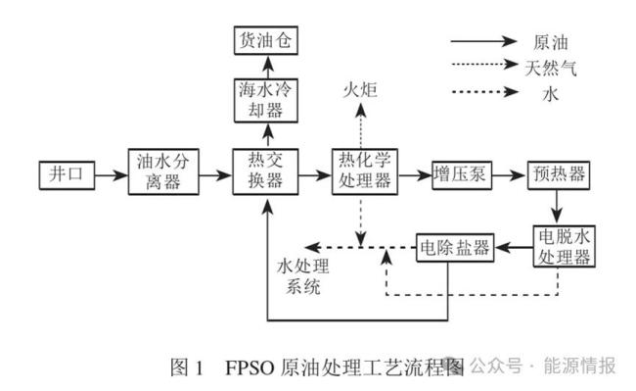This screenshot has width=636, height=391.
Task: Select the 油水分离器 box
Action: pyautogui.click(x=163, y=173)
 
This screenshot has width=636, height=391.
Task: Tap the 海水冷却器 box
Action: pyautogui.click(x=264, y=102)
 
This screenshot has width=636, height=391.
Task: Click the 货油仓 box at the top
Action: pyautogui.click(x=264, y=41)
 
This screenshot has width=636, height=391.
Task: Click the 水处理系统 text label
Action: pyautogui.click(x=302, y=275)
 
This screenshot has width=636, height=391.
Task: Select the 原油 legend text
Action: pyautogui.click(x=551, y=42)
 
